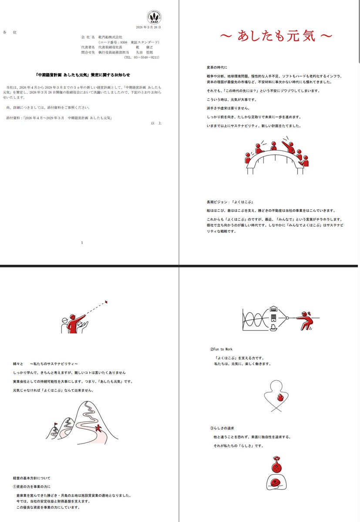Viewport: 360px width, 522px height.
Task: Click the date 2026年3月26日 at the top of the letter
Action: pos(148,27)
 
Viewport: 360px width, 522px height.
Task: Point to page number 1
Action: pos(82,242)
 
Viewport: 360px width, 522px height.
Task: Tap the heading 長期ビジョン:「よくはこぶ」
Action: pos(230,202)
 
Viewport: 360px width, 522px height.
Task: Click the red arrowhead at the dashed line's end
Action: pos(106,301)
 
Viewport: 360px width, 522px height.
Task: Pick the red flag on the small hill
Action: pos(56,424)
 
